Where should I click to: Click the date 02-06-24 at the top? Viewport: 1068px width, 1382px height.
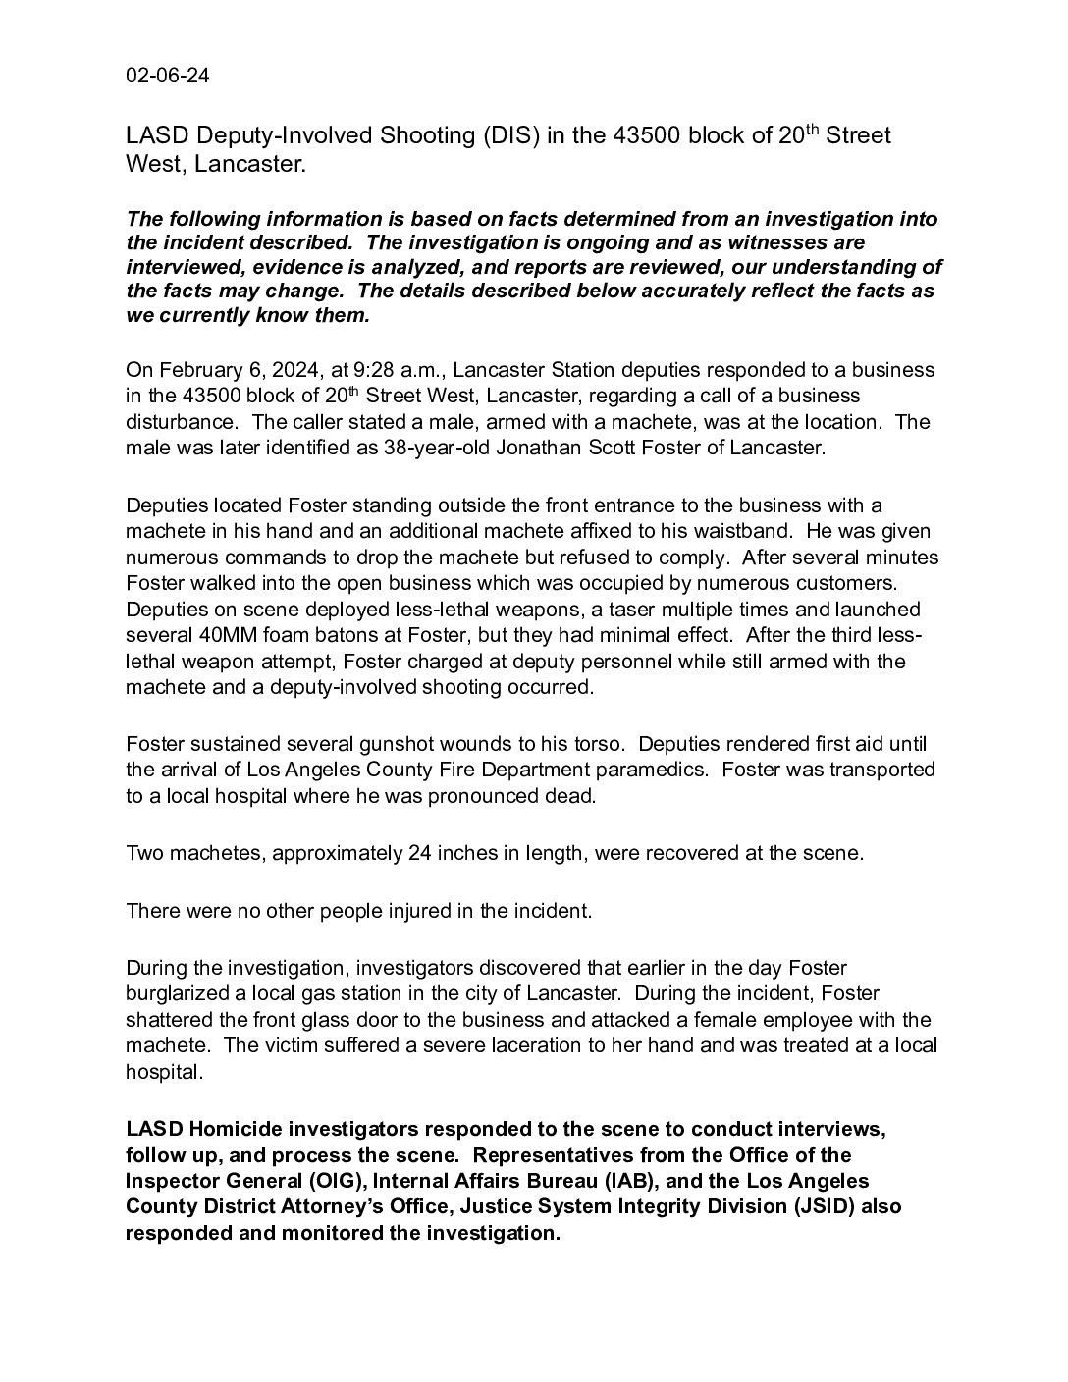point(167,77)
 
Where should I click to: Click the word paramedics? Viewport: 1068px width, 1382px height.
point(653,770)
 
